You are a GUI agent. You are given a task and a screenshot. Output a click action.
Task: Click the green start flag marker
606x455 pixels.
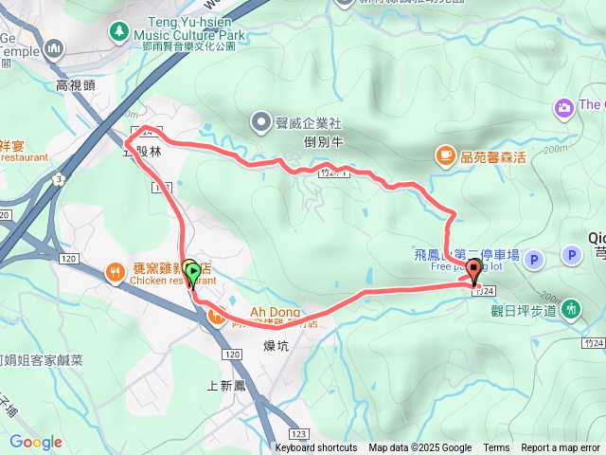193,275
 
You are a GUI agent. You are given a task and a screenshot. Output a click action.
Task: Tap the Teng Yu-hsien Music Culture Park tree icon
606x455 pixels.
119,32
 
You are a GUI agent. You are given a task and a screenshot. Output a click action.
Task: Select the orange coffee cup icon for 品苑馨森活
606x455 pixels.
444,155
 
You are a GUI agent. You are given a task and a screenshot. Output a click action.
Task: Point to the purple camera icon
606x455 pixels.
563,108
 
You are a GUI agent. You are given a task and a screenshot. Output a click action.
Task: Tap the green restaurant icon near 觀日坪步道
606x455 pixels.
571,308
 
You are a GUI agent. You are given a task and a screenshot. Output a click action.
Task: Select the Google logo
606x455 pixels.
36,442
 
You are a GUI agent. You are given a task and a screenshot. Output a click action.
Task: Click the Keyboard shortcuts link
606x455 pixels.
316,448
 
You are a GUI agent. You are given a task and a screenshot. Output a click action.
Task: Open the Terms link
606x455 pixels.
496,448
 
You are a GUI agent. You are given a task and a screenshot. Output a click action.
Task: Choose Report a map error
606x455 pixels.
561,448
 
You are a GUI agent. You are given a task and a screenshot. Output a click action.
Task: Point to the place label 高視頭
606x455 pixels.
76,84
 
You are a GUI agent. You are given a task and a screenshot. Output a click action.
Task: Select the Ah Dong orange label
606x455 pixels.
274,310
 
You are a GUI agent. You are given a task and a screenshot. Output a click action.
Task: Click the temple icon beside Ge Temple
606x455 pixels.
53,47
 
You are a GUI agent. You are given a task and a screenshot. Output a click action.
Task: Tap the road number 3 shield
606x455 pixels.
59,177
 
